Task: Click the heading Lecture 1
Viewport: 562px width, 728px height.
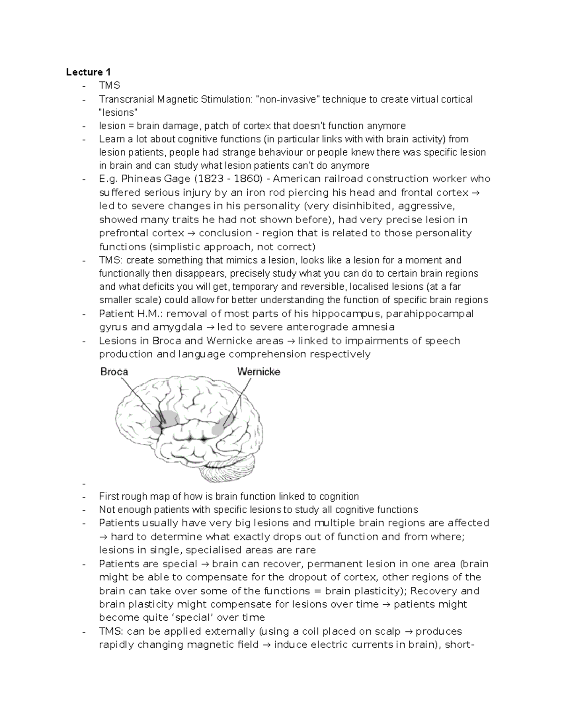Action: [88, 72]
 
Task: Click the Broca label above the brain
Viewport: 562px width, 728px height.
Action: [114, 372]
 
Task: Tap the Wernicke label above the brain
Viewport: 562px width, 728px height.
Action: [259, 372]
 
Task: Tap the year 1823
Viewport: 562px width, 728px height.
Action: [206, 179]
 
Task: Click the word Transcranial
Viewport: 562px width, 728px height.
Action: [127, 99]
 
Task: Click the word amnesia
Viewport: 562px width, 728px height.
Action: [373, 327]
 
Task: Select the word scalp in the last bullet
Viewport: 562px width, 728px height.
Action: [388, 631]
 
